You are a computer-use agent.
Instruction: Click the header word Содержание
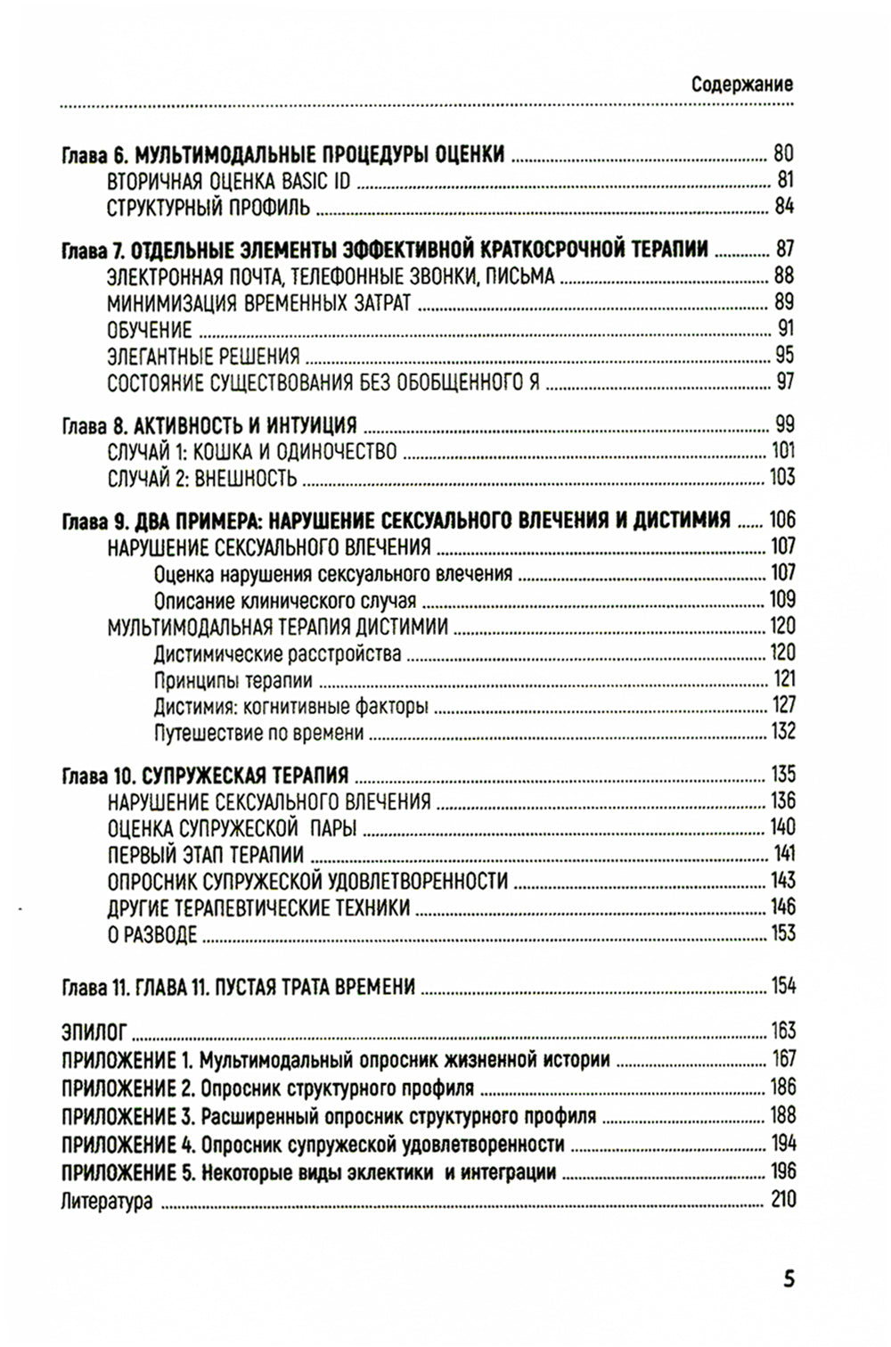[741, 85]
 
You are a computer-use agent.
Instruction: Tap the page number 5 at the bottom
[789, 1279]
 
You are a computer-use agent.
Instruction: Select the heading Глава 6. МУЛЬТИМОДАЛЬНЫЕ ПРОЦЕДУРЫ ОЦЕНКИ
[283, 154]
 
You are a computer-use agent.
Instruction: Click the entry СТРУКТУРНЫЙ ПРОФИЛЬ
[208, 209]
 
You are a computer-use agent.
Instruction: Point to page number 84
[784, 207]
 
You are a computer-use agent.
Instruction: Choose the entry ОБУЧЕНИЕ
[150, 330]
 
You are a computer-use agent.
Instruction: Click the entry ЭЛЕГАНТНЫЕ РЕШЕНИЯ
[203, 357]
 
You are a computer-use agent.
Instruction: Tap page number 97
[784, 382]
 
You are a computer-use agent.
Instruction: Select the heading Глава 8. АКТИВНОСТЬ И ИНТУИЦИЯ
[209, 425]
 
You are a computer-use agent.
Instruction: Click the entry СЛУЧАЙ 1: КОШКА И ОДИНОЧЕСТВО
[252, 452]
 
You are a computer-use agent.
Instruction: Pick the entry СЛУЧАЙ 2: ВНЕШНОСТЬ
[202, 479]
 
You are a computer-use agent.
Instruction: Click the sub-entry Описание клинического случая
[285, 601]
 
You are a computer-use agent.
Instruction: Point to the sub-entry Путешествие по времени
[258, 734]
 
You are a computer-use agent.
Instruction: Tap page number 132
[782, 732]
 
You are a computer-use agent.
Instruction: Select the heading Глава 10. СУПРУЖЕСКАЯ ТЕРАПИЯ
[205, 776]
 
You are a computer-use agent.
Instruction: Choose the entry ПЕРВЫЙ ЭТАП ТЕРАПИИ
[206, 856]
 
